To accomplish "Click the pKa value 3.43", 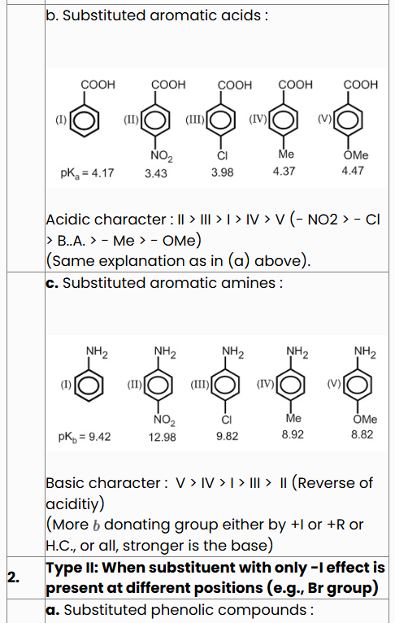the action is point(155,173).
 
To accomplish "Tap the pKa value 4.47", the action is point(353,171).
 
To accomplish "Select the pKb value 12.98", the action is point(162,438).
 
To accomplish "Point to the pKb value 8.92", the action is point(293,435).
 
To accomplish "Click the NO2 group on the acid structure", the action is point(162,156).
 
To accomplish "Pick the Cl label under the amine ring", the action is point(227,420).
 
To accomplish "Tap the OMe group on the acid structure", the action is point(356,155).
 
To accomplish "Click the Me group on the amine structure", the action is point(293,418).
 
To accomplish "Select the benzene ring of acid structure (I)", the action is point(85,120).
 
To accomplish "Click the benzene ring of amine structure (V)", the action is point(358,385).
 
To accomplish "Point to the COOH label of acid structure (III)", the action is point(235,85).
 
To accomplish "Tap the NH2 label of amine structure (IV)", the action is point(297,352).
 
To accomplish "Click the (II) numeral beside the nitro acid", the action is point(131,120).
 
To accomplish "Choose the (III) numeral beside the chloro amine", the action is point(200,384).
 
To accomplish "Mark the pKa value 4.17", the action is point(87,173).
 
